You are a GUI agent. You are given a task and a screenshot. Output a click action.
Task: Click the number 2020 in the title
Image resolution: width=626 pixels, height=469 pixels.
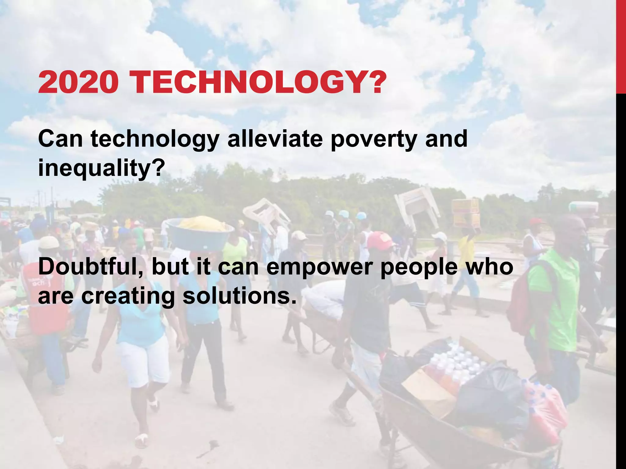pos(78,82)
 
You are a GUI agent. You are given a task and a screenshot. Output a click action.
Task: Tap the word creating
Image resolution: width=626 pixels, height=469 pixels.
pos(128,296)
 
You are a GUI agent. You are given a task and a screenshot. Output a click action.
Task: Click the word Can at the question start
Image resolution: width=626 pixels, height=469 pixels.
pos(61,139)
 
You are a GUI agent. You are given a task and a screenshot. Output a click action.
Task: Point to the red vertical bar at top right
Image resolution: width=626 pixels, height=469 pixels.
pos(621,46)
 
